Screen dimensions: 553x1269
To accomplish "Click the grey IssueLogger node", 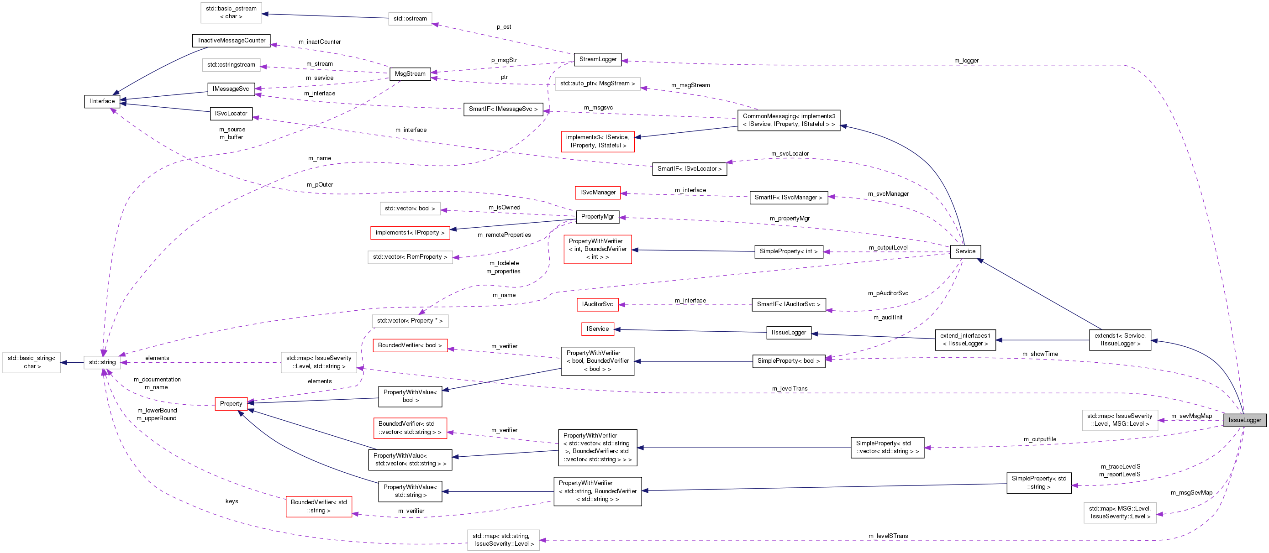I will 1244,420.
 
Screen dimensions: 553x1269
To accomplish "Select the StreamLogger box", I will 598,59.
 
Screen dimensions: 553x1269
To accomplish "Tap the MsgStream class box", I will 410,74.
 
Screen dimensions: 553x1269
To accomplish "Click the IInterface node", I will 102,101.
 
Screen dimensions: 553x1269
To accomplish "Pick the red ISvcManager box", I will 598,193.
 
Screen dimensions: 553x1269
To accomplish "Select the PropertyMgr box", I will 597,217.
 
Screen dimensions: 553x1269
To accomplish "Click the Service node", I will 964,251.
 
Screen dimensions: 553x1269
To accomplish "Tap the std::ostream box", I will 410,19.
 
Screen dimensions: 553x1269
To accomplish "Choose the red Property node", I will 231,404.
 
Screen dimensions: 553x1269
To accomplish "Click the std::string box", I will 102,362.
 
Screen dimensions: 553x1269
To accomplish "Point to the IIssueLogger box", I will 788,333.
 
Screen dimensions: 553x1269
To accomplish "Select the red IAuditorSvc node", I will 597,304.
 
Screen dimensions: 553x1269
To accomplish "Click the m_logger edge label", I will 966,61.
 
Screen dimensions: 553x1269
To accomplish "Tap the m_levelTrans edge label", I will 790,389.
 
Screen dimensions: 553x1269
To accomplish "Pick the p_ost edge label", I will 504,26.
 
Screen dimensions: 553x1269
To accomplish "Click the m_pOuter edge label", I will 320,185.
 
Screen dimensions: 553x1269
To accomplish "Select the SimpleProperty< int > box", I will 788,251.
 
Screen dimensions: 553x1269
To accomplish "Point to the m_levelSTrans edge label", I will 888,536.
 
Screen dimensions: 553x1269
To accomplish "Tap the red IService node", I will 597,329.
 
